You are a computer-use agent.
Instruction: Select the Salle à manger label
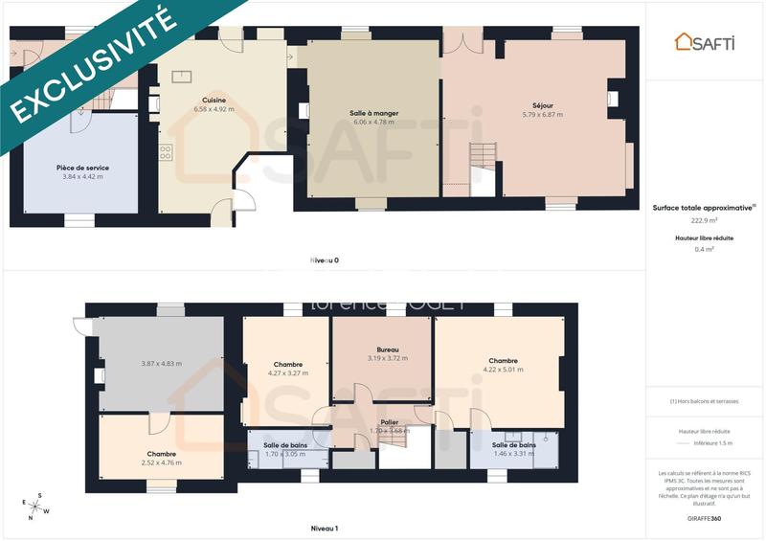point(374,113)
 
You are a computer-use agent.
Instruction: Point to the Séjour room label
point(543,105)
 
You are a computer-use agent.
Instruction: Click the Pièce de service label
point(82,168)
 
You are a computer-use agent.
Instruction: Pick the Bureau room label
point(388,349)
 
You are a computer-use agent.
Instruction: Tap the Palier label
point(389,421)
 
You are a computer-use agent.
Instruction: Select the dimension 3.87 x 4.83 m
point(161,363)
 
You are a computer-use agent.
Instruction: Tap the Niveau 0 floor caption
point(324,260)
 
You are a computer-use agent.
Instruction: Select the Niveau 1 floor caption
point(324,528)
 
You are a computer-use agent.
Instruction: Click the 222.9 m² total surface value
point(704,219)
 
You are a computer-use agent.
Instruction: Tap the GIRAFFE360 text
point(704,518)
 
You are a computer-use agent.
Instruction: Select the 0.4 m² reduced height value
point(704,249)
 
